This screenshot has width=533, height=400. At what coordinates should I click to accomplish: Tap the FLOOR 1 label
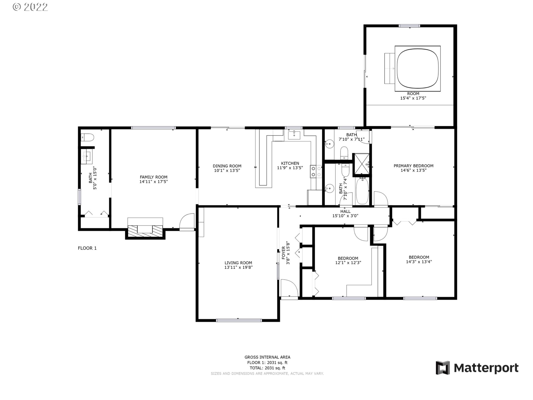click(x=87, y=248)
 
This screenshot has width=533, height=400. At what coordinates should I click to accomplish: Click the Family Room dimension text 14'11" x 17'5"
click(x=154, y=182)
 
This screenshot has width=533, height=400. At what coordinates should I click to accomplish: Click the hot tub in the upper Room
click(x=417, y=68)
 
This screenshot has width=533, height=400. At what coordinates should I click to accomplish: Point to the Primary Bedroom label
click(x=413, y=166)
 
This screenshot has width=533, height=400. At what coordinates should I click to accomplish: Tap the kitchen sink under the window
click(x=294, y=135)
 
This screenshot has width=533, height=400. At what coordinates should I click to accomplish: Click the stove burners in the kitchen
click(x=316, y=171)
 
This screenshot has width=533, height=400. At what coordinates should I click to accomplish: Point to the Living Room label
click(x=238, y=263)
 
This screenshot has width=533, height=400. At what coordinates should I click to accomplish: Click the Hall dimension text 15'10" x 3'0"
click(x=345, y=216)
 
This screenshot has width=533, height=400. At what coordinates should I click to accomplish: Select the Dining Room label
click(x=227, y=166)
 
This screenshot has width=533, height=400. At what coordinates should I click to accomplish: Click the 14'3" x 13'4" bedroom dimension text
click(x=419, y=262)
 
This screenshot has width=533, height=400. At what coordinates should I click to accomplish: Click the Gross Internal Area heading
click(x=267, y=357)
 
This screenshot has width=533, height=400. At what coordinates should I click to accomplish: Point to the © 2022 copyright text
click(x=30, y=7)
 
